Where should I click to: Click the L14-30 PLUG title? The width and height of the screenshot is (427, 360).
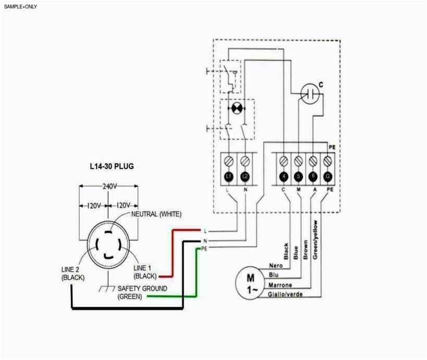coord(112,167)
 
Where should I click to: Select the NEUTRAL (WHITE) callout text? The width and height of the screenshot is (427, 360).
coord(156,214)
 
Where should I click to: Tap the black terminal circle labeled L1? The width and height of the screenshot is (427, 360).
coord(228,177)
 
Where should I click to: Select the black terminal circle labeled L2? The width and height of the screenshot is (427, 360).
coord(245,177)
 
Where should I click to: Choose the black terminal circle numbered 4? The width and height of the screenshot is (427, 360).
coord(284,177)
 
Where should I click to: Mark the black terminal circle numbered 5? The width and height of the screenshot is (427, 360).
coord(298,177)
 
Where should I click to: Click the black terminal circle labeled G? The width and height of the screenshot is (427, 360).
coord(328,177)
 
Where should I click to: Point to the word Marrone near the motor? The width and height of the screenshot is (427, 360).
coord(280,285)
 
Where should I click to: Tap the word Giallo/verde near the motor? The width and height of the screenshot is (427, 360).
coord(285,294)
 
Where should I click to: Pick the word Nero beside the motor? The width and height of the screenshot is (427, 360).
coord(276,266)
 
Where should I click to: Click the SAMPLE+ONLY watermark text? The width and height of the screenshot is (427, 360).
coord(20,7)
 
